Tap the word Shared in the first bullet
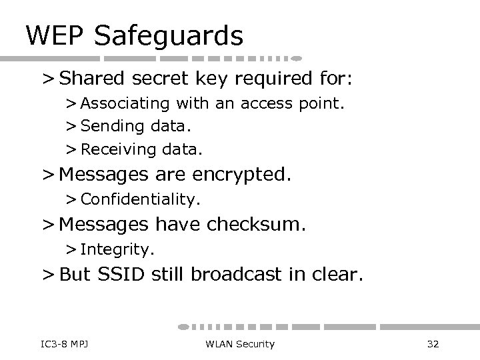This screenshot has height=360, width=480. pos(95,79)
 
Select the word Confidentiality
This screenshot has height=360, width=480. pos(140,199)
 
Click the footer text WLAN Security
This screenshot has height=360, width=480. pos(240,343)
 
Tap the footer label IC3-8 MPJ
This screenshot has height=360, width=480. pos(55,343)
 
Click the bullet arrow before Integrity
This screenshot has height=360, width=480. pos(71,249)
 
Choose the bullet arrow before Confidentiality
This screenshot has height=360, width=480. pos(71,199)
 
